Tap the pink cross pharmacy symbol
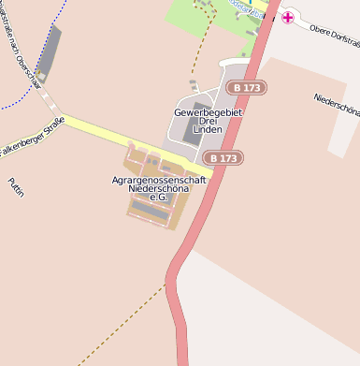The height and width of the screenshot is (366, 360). point(288,17)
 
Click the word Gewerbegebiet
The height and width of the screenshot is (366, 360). point(209,112)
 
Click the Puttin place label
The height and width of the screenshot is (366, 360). point(16,188)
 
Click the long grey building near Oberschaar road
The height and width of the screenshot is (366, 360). point(49,52)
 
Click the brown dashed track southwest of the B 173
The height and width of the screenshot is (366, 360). point(122,323)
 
